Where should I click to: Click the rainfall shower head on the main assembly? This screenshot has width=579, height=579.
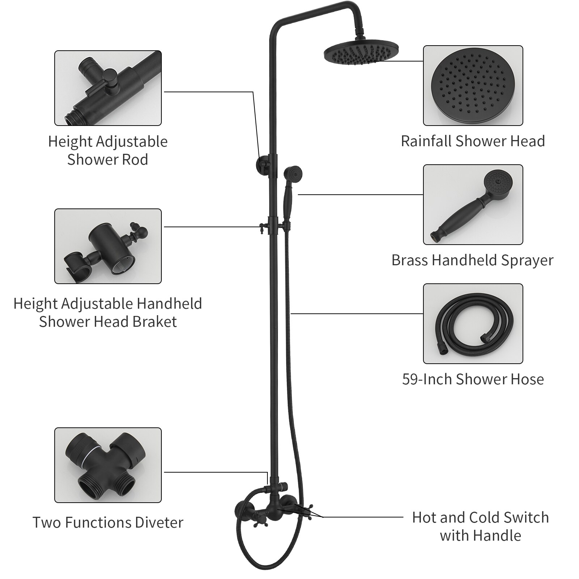pyautogui.click(x=361, y=54)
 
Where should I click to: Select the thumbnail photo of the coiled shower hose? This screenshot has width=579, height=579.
pyautogui.click(x=473, y=324)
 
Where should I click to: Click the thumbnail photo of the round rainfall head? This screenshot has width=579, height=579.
pyautogui.click(x=473, y=85)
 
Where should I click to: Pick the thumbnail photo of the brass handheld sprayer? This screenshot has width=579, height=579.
pyautogui.click(x=473, y=204)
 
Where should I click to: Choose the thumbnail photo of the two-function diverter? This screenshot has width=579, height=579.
pyautogui.click(x=108, y=465)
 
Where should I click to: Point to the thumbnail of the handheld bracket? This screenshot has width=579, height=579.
pyautogui.click(x=108, y=246)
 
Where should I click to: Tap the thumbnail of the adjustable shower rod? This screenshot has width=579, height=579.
pyautogui.click(x=108, y=88)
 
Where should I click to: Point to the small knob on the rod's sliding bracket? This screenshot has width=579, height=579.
pyautogui.click(x=261, y=228)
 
